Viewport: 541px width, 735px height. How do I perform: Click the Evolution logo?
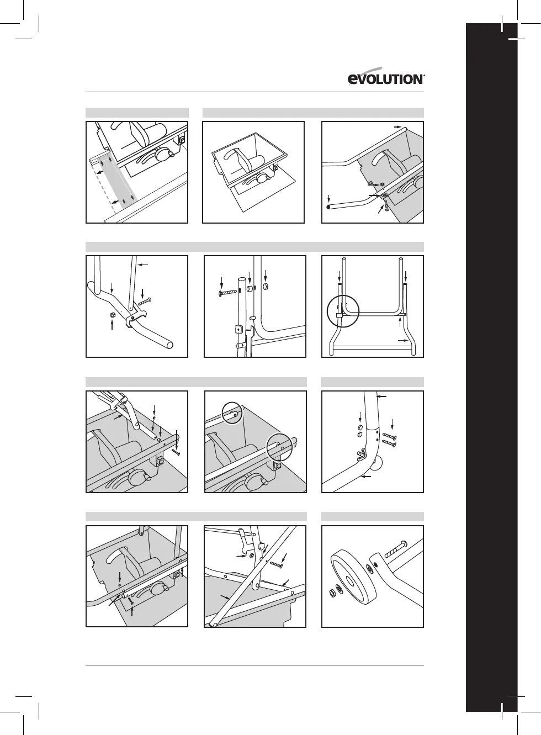[386, 79]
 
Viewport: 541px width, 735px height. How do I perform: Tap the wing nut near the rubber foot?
[361, 455]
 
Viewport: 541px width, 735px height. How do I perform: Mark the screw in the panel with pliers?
[177, 451]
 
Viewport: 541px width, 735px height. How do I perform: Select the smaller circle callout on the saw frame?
[232, 413]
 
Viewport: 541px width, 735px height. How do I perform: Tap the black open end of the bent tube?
[328, 207]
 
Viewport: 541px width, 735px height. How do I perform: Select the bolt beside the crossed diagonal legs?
[276, 563]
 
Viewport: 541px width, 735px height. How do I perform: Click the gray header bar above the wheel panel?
[372, 516]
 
